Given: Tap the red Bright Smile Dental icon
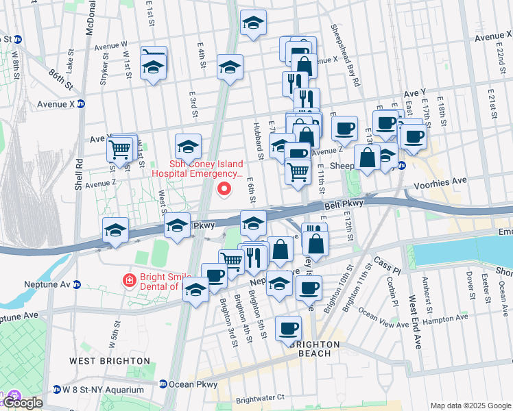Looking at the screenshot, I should tap(128, 279).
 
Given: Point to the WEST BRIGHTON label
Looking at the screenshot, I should tap(110, 360).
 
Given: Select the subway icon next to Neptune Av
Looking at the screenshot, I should tap(77, 284).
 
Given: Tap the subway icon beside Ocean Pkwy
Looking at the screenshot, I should tap(163, 384).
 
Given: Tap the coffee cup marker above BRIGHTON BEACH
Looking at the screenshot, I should tap(288, 328).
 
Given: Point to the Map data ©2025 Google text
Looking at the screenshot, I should tap(470, 406).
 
